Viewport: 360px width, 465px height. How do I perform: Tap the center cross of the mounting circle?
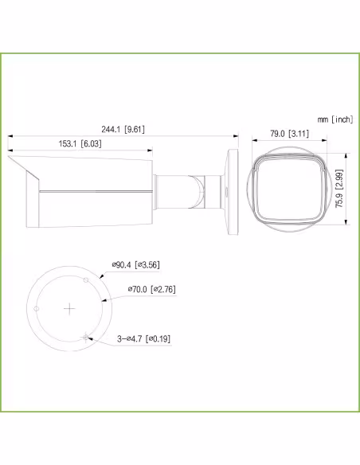pyautogui.click(x=70, y=307)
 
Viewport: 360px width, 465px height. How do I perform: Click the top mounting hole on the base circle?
pyautogui.click(x=85, y=281)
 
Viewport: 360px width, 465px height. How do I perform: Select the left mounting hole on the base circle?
pyautogui.click(x=37, y=307)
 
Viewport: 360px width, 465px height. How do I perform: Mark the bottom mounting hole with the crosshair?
pyautogui.click(x=85, y=335)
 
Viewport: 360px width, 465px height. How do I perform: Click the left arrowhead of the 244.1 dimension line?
pyautogui.click(x=10, y=137)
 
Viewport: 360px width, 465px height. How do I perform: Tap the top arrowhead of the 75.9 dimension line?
pyautogui.click(x=346, y=154)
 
